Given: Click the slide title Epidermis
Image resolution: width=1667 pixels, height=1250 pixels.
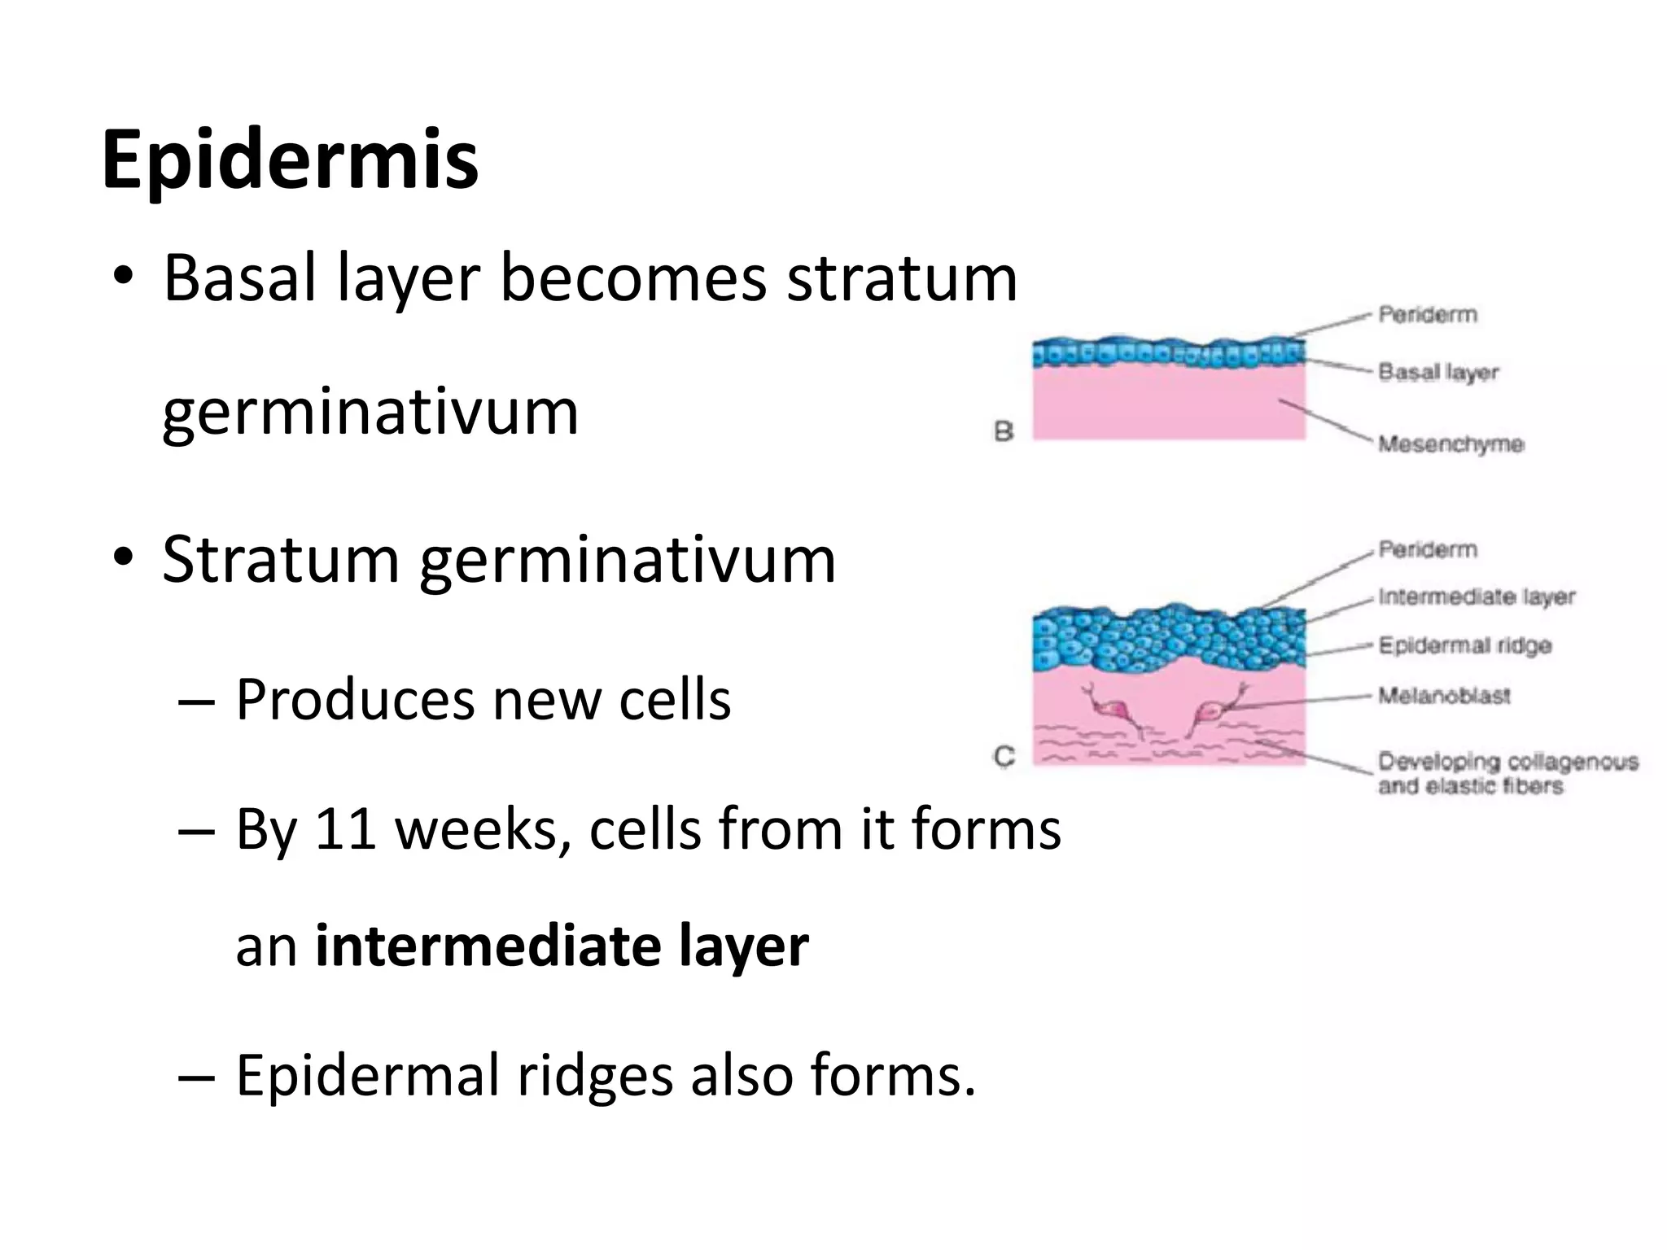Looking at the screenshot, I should pyautogui.click(x=290, y=160).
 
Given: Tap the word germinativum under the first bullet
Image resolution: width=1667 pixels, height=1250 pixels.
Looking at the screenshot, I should pyautogui.click(x=370, y=413).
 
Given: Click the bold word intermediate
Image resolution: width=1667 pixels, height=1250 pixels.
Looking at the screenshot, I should pyautogui.click(x=488, y=946).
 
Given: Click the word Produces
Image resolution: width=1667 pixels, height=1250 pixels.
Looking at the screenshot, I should pyautogui.click(x=354, y=700).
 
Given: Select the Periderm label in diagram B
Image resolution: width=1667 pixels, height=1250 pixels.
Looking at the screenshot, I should pyautogui.click(x=1427, y=315).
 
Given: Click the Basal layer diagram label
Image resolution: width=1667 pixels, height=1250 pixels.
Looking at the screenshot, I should pyautogui.click(x=1438, y=373).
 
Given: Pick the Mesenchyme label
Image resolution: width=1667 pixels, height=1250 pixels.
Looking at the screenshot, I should pyautogui.click(x=1450, y=444).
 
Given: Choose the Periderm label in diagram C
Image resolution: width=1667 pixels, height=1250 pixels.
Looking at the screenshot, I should pyautogui.click(x=1427, y=550).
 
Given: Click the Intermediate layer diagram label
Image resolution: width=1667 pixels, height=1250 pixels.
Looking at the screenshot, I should pyautogui.click(x=1477, y=597).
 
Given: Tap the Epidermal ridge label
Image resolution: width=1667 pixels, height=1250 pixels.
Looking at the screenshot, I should pyautogui.click(x=1464, y=646).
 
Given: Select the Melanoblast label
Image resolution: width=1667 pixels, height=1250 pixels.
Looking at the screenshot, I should pyautogui.click(x=1444, y=697).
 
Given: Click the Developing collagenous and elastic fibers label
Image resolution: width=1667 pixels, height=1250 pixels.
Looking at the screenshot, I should pyautogui.click(x=1506, y=774).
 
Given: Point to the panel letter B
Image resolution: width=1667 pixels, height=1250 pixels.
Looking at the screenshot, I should pyautogui.click(x=1004, y=431).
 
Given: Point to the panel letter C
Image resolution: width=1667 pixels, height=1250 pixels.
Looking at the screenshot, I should pyautogui.click(x=1004, y=757).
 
